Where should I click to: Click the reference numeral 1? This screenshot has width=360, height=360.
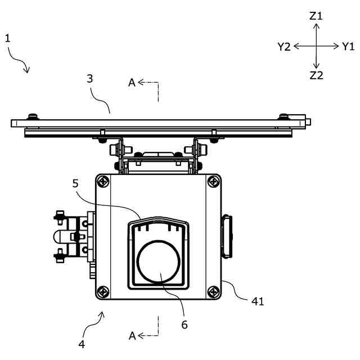pos(8,38)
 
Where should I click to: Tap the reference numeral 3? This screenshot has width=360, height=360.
pos(90,79)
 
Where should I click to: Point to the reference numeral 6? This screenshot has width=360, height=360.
pos(184,325)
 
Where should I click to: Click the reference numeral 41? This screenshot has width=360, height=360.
pos(258,301)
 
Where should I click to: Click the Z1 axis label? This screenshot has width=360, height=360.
pos(316,16)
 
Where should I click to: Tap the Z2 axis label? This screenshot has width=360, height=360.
pos(316,75)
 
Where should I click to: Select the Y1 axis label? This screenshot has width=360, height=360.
pos(349,47)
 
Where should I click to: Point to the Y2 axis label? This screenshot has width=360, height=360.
pos(284,47)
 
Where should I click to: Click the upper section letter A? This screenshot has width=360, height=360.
pos(132,83)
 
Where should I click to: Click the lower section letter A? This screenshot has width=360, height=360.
pos(132,336)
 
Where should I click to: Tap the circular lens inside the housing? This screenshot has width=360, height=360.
pos(160,262)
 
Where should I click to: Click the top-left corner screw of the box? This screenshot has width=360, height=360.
pos(103,182)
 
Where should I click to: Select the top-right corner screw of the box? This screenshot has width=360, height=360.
pos(213,182)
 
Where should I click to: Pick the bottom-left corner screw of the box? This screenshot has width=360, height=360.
pos(103,291)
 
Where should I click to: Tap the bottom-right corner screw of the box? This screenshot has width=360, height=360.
pos(213,291)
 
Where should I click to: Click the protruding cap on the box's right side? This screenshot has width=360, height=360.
pos(227,236)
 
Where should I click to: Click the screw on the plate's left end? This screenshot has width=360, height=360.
pos(33,116)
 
